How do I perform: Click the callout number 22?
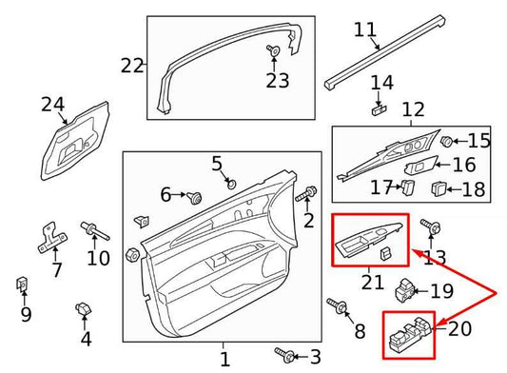132,66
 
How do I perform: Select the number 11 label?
364,29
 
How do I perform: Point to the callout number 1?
224,360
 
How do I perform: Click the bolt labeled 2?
307,196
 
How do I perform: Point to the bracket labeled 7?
51,235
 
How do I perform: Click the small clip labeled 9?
22,283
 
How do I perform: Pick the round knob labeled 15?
445,142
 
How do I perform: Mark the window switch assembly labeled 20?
408,334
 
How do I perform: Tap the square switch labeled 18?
440,187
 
